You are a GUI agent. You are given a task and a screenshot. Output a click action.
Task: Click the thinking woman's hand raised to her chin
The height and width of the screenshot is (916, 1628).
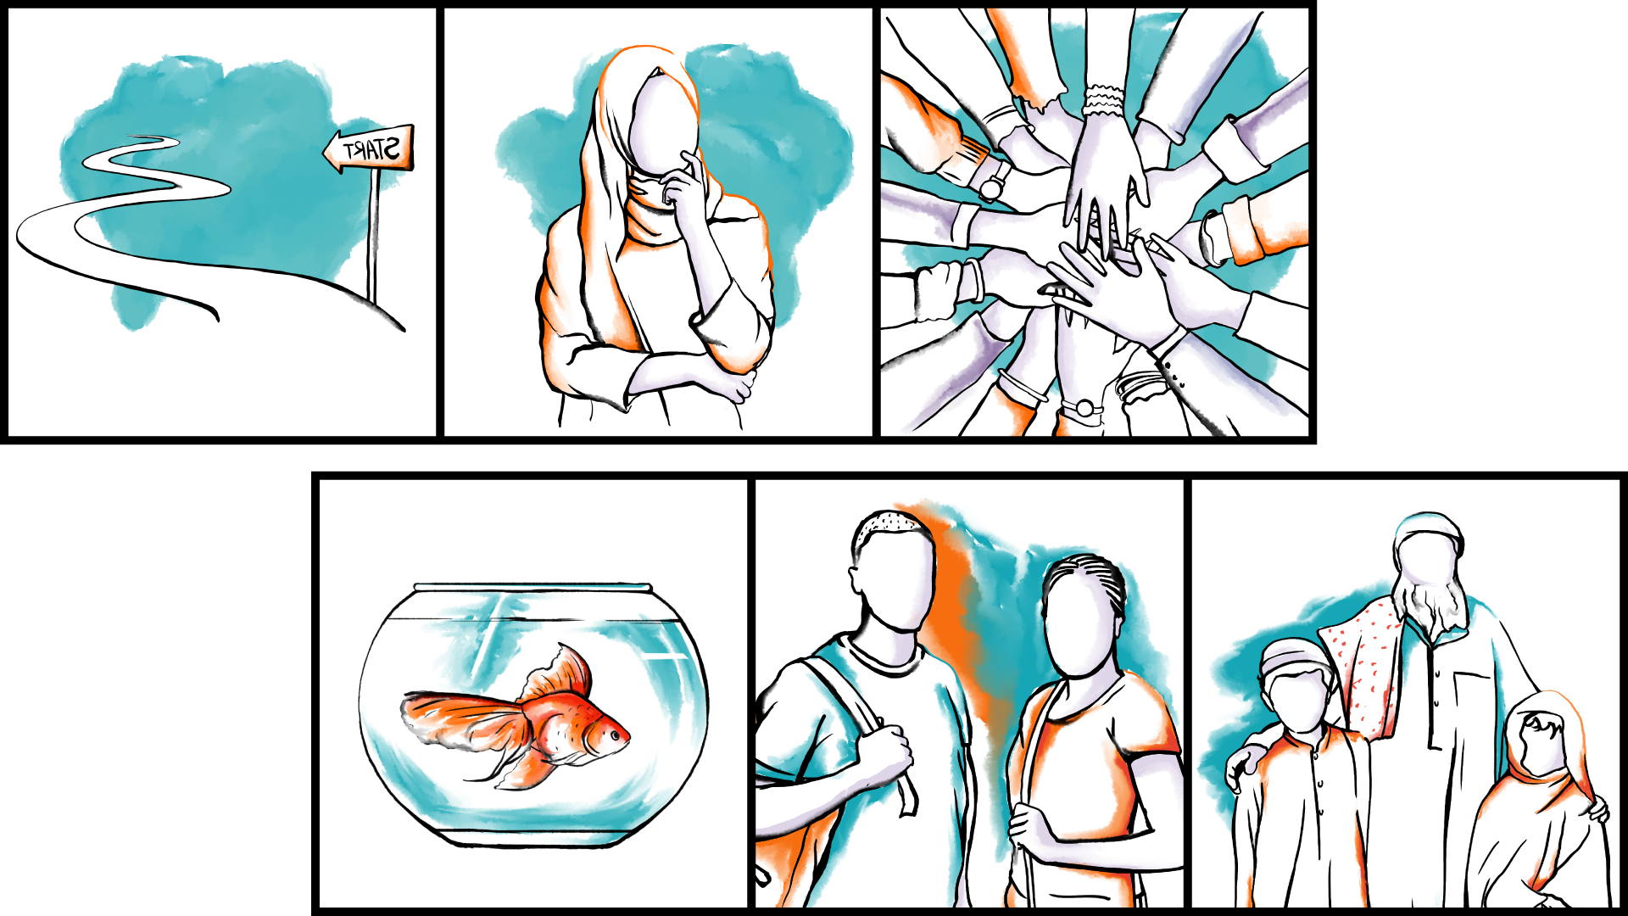(x=683, y=182)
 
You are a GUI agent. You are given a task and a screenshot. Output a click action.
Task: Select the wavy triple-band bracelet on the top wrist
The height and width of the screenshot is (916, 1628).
(x=1103, y=100)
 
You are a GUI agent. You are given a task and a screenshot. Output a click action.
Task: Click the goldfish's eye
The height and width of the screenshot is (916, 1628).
(x=613, y=735)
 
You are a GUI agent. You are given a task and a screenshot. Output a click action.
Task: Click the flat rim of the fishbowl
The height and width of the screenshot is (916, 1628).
(x=532, y=587)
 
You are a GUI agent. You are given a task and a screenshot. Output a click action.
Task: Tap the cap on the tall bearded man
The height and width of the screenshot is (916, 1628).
(x=1429, y=530)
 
